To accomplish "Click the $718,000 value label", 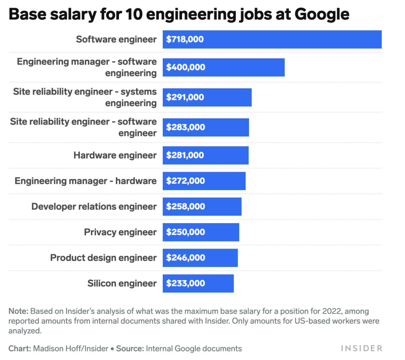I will point(185,39).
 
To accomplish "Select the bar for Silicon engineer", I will point(198,283).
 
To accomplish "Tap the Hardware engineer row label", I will point(115,155).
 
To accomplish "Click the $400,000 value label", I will point(186,67).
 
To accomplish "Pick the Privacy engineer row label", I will point(120,232).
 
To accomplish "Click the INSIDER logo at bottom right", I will point(361,348).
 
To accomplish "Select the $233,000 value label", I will point(186,283).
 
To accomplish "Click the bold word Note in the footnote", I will point(18,311).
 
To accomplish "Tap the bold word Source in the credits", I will point(130,348).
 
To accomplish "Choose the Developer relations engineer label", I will point(94,207).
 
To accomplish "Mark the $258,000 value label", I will point(186,207).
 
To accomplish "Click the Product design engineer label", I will point(103,258).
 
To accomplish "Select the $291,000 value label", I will point(185,97).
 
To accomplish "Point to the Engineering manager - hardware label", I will point(85,181).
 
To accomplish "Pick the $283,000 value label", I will point(186,127).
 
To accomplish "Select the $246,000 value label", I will point(186,258).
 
